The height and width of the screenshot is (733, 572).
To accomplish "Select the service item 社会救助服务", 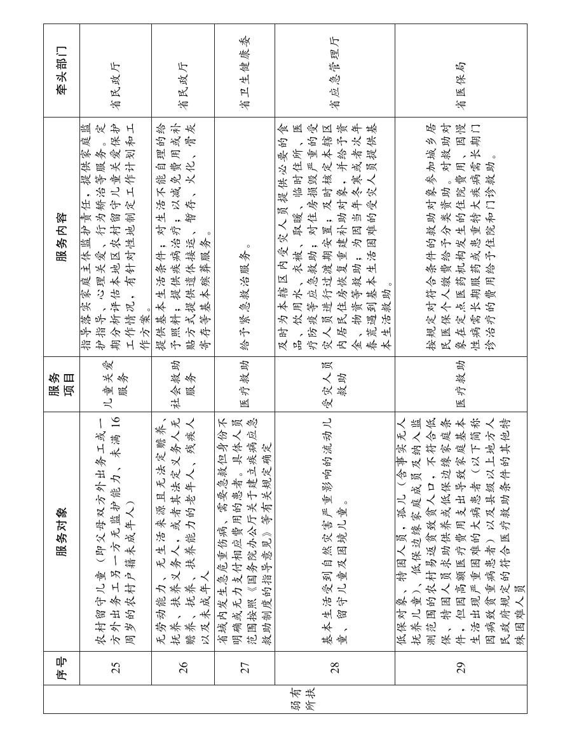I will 183,385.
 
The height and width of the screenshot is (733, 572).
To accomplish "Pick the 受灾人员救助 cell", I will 334,385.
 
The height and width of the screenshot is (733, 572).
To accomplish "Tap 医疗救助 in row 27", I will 245,385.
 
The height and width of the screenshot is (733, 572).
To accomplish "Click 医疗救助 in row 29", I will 461,385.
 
